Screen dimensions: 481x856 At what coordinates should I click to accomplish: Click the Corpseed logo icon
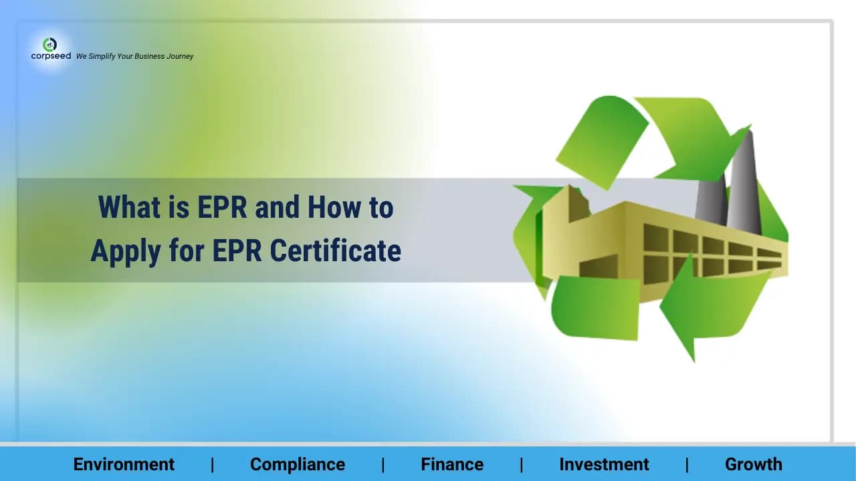click(x=49, y=45)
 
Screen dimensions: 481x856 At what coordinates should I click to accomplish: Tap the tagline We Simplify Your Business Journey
click(x=134, y=56)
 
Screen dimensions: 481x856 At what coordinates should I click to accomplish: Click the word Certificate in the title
click(x=336, y=251)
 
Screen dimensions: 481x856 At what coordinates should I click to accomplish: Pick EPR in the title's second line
click(x=237, y=251)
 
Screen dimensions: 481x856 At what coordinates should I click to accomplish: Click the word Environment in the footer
click(x=124, y=464)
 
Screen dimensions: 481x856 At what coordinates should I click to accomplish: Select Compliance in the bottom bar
click(x=298, y=464)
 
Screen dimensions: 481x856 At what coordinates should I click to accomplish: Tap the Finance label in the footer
click(x=452, y=464)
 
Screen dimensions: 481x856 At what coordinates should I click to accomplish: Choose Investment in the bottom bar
click(x=604, y=464)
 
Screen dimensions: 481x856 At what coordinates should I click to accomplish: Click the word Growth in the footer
click(x=753, y=464)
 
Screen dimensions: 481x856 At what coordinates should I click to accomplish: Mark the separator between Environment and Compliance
click(x=213, y=464)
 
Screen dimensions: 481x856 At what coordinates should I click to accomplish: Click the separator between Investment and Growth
click(x=687, y=464)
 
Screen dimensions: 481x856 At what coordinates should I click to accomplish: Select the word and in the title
click(x=278, y=208)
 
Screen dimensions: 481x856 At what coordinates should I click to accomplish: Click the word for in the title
click(x=187, y=251)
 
